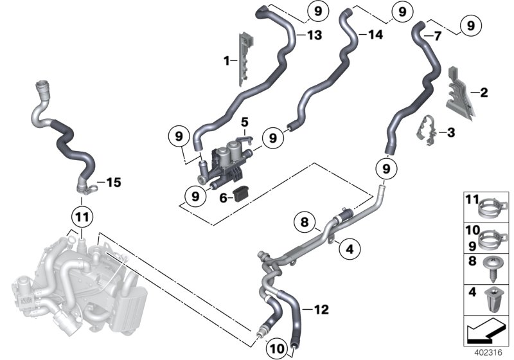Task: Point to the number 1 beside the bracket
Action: (226, 60)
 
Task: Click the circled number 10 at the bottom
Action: (278, 347)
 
